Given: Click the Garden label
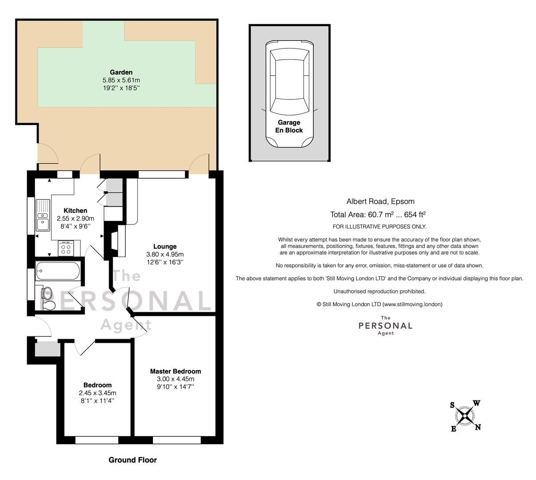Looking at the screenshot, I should (x=121, y=72).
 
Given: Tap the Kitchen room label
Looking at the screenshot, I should (x=76, y=211).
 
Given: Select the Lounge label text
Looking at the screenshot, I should (x=165, y=247).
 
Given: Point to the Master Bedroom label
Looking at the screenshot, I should (x=175, y=371).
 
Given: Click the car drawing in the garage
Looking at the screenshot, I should (x=289, y=93).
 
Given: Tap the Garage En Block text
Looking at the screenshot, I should (x=289, y=126).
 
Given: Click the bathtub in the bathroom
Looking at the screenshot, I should (x=58, y=270).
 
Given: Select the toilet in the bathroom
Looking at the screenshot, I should (x=48, y=305).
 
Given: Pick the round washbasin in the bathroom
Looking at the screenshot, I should (x=47, y=292).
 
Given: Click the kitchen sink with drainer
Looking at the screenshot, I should (x=43, y=216).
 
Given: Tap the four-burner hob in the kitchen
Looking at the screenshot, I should (x=66, y=248).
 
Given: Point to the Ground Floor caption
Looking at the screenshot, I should (x=132, y=460).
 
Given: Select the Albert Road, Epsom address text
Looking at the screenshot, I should (x=380, y=201).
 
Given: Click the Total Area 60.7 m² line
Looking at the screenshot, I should (x=378, y=215).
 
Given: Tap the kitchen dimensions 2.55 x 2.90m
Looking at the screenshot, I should (x=76, y=219).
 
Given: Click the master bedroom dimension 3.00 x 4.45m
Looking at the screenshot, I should (x=175, y=379).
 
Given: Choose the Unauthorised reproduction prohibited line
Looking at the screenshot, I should (x=379, y=292).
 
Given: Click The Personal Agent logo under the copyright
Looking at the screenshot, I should (x=385, y=325).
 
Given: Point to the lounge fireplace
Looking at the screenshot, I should (x=116, y=240).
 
